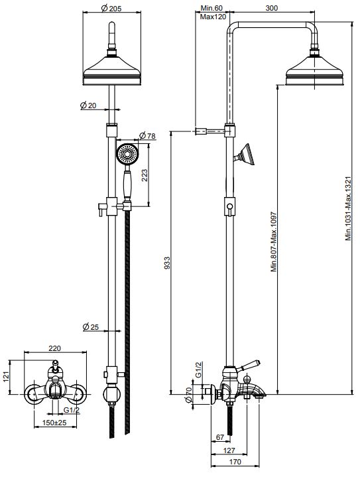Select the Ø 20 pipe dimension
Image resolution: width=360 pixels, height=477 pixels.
[88, 105]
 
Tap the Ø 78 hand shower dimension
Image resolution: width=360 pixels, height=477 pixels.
[146, 136]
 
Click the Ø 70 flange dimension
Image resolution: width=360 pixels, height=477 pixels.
[189, 398]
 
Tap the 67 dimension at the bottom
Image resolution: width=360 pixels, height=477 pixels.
[220, 438]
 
